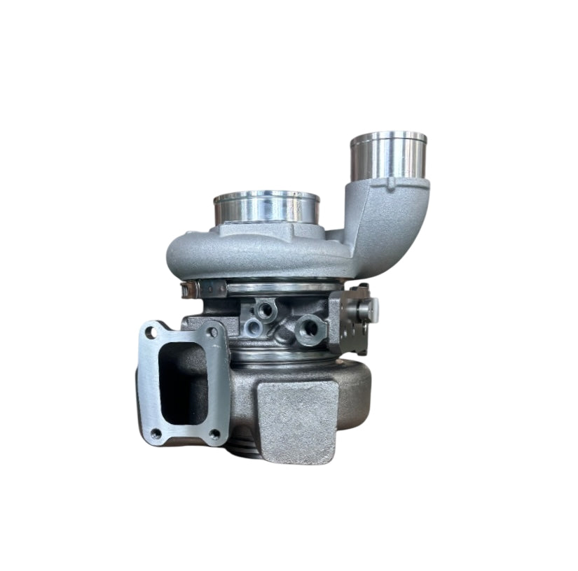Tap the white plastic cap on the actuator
[x=373, y=306]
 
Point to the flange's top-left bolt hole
[x=151, y=333]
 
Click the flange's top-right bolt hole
[x=211, y=332]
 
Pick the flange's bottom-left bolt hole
[x=156, y=434]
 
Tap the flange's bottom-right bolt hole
[x=214, y=434]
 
